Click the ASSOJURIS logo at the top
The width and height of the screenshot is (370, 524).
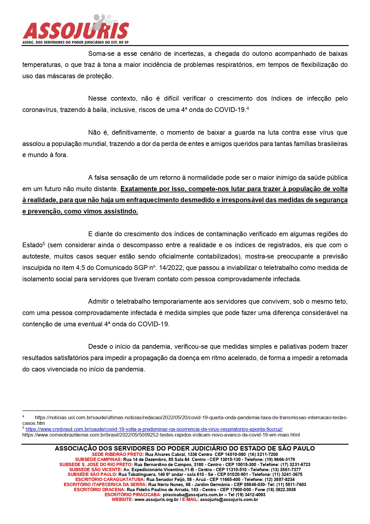76,29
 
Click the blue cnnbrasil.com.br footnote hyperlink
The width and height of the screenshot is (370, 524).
154,429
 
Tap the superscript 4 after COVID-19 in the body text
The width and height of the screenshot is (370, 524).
248,108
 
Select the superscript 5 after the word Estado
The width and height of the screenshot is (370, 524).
44,244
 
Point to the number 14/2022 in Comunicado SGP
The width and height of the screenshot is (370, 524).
171,268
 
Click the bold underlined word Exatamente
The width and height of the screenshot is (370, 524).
139,189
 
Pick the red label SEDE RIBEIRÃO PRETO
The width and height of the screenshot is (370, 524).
117,454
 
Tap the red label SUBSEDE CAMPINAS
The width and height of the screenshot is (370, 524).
98,460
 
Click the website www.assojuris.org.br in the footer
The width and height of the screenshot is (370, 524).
156,500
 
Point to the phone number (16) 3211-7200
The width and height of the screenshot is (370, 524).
263,454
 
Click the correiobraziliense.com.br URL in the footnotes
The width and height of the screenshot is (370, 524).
161,435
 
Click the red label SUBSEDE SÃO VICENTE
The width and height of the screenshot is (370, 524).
95,470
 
